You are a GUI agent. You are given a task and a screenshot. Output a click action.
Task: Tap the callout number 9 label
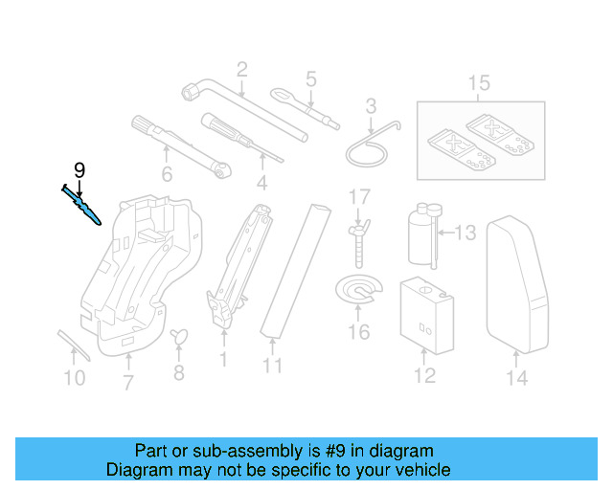point(79,170)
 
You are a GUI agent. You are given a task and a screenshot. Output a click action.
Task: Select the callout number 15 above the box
point(478,83)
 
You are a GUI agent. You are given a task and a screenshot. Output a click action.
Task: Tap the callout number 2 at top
point(241,69)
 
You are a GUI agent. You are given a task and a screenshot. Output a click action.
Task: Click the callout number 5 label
point(310,78)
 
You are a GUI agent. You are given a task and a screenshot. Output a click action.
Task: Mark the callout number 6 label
point(167,174)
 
